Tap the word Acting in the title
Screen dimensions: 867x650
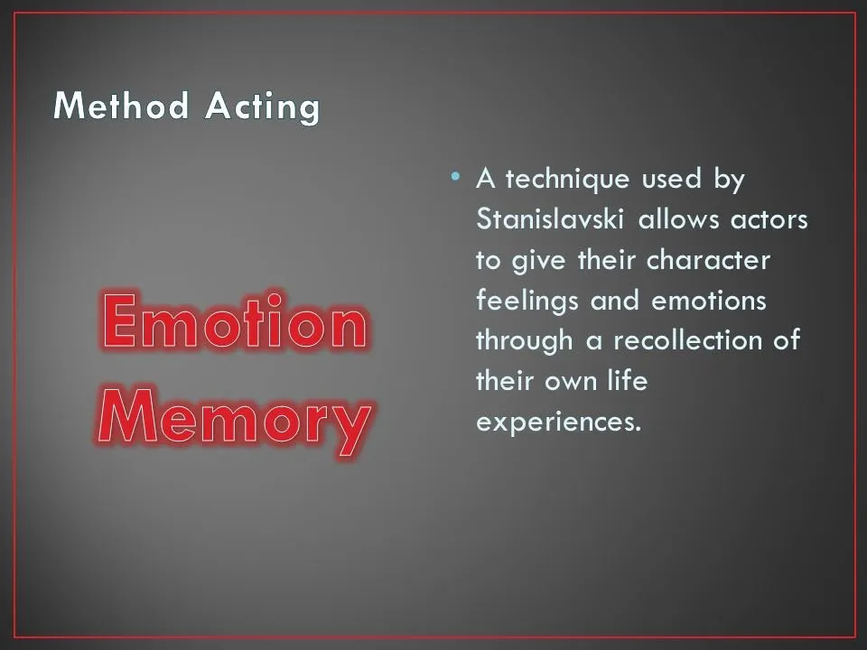tap(263, 107)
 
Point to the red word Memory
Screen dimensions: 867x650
tap(235, 422)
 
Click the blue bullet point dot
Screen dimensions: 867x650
tap(455, 177)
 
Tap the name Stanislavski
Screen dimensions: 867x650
tap(550, 218)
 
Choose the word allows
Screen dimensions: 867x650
tap(679, 218)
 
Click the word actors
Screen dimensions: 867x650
tap(769, 220)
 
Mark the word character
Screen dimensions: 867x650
tap(708, 260)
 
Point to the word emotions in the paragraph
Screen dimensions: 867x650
tap(709, 302)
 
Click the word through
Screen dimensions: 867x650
tap(524, 341)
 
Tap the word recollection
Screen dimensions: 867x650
tap(688, 340)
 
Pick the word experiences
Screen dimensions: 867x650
tap(558, 423)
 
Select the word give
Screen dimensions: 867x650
tap(538, 262)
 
